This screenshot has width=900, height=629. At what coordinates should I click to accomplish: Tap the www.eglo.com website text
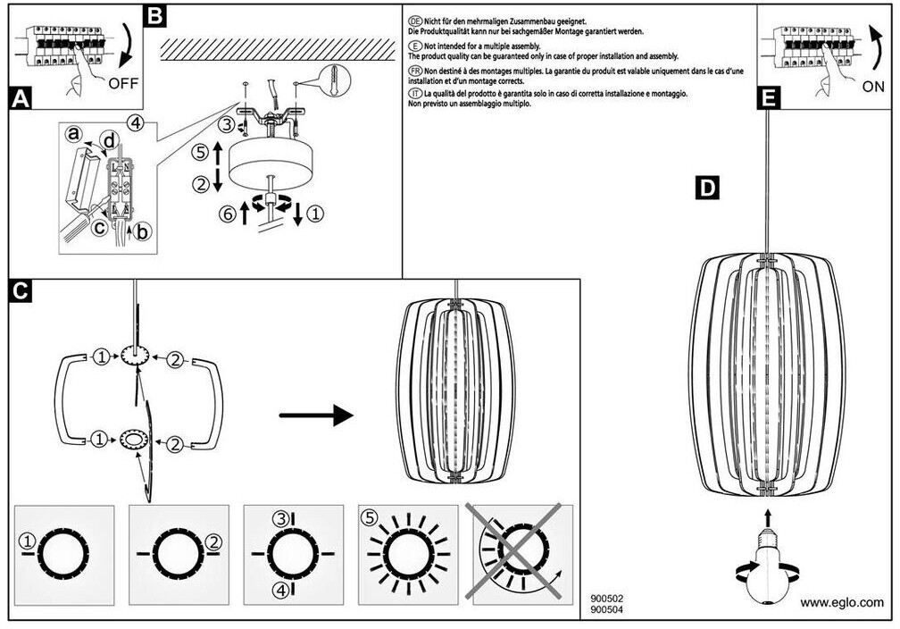point(841,602)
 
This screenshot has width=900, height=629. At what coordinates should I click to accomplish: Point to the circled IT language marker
point(414,93)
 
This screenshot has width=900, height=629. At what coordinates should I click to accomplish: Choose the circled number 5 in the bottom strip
point(368,516)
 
